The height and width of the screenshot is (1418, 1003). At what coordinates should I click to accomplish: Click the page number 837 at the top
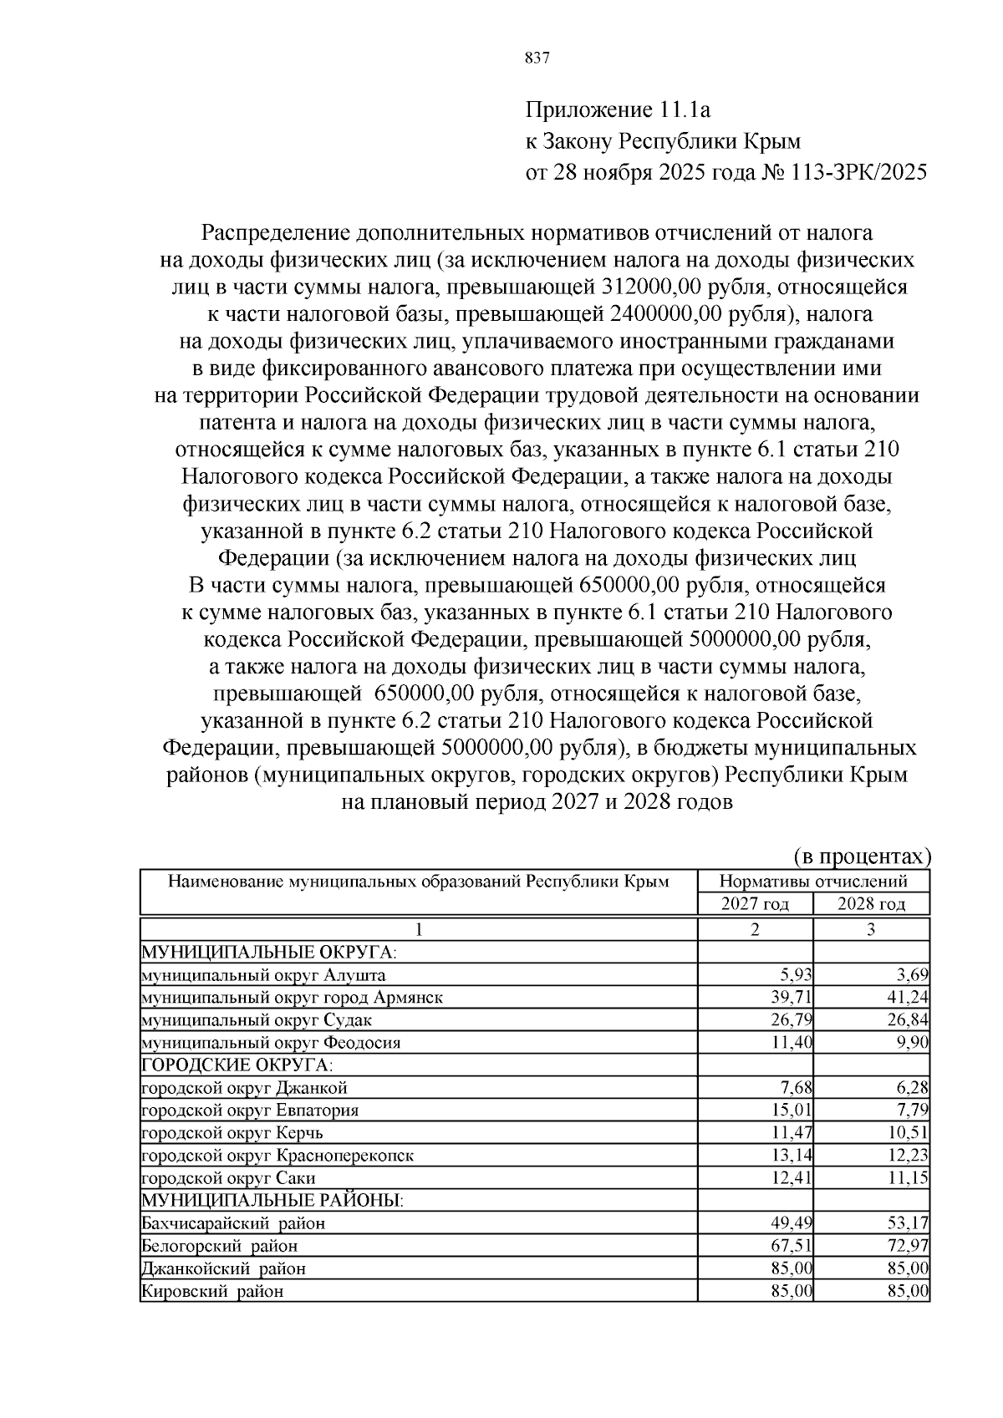click(x=536, y=58)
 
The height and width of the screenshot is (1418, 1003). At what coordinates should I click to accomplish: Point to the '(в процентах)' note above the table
click(x=861, y=856)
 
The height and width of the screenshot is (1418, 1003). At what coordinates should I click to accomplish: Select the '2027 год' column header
click(x=755, y=904)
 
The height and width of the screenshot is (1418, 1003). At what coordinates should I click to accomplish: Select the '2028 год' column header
click(x=871, y=904)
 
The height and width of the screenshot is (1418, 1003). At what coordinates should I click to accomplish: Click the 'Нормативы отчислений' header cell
click(x=812, y=882)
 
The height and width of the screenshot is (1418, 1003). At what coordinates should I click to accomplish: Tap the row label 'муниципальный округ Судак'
click(x=257, y=1020)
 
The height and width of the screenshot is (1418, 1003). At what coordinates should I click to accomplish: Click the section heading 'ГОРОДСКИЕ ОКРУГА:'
click(x=237, y=1065)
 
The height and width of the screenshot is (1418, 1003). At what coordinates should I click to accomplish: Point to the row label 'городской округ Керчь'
click(x=232, y=1133)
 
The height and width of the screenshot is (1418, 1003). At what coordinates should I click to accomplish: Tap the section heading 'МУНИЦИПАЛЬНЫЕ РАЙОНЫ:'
click(x=272, y=1201)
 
